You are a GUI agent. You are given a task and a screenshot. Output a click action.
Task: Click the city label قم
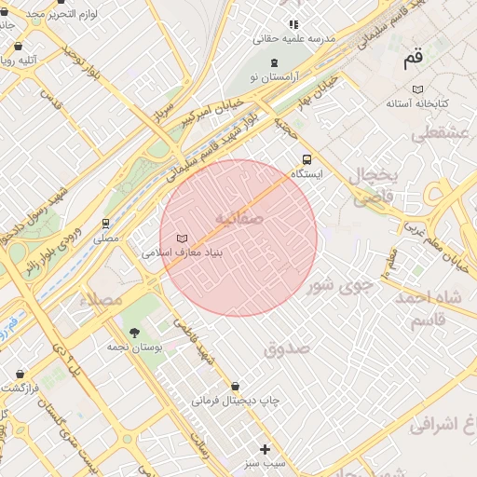[413, 61]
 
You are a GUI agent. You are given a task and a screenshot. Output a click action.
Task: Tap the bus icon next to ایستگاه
[307, 158]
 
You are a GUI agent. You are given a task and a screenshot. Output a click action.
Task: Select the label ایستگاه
[307, 174]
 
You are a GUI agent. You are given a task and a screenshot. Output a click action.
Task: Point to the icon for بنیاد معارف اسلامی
[182, 238]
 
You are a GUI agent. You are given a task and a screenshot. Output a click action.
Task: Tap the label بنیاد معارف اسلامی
[181, 252]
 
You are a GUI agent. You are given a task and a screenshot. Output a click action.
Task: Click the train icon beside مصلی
[106, 224]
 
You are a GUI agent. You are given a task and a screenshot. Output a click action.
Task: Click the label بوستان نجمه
[134, 347]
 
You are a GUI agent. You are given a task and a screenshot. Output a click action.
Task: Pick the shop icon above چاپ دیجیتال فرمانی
[235, 386]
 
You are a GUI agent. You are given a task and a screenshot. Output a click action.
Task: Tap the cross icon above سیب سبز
[265, 449]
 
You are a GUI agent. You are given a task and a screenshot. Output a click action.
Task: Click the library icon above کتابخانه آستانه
[417, 89]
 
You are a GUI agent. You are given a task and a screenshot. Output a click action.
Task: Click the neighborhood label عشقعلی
[436, 133]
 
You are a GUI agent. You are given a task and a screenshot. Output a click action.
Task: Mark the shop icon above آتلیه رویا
[19, 46]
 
